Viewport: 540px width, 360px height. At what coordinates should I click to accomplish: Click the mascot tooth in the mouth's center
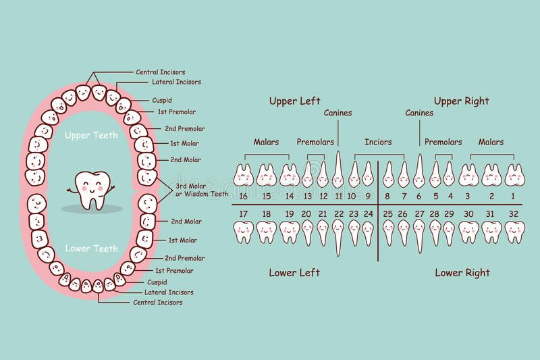pos(91,190)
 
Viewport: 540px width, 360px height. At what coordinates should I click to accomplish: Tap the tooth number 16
pos(243,197)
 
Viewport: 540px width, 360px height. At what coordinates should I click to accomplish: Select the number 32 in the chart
pos(513,214)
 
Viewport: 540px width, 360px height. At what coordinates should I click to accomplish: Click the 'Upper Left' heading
pos(294,101)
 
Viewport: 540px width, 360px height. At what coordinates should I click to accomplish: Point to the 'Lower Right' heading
pos(462,273)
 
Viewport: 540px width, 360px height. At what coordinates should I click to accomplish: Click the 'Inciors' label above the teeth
pos(378,142)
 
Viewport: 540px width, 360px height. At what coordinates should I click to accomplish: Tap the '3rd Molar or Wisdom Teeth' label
pos(202,190)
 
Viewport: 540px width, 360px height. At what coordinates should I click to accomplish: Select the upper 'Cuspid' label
pos(162,100)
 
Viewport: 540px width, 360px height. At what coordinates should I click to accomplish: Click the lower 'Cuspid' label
pos(157,282)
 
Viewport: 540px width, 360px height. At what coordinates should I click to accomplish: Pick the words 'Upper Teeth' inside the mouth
pos(91,135)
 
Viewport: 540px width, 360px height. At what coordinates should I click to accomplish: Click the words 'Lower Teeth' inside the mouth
pos(92,249)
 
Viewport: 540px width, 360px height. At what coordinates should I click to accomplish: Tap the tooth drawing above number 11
pos(338,170)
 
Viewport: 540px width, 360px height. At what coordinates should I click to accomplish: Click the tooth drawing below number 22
pos(338,238)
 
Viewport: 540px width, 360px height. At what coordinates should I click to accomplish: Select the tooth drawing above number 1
pos(515,175)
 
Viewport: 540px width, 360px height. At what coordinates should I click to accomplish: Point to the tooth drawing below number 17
pos(244,232)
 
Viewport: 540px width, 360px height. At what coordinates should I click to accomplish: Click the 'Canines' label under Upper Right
pos(419,113)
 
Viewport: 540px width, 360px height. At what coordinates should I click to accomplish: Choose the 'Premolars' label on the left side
pos(315,142)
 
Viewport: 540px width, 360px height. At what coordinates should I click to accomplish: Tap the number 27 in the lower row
pos(419,214)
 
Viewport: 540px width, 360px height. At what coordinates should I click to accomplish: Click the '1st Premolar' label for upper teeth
pos(177,111)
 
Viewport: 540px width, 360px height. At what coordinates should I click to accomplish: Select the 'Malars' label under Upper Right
pos(491,142)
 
